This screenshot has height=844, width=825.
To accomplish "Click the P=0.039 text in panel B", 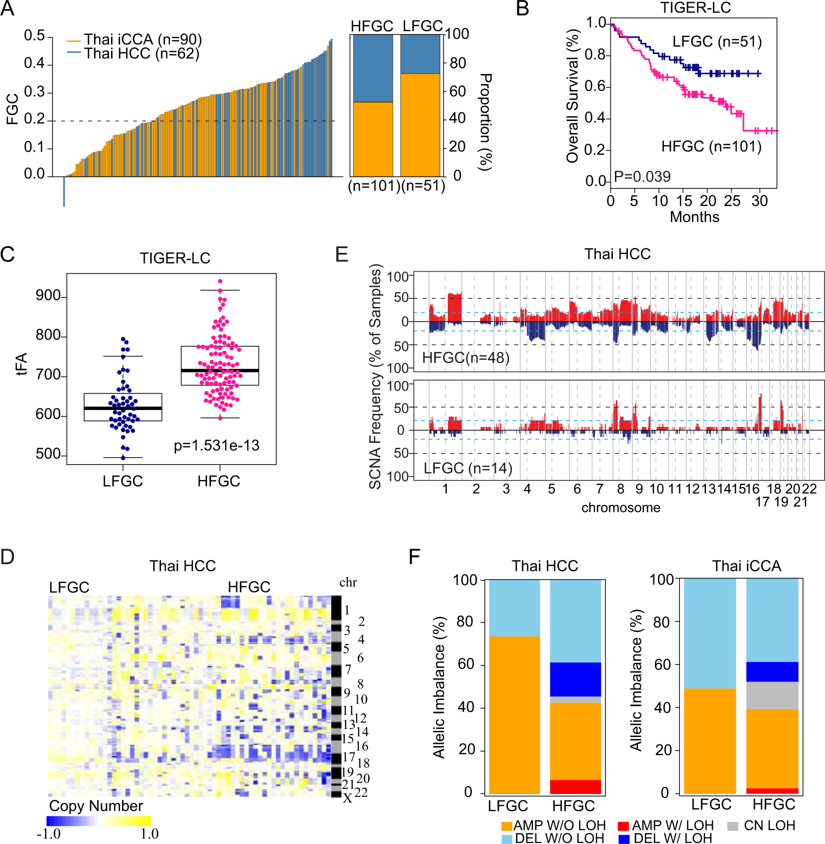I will [x=642, y=176].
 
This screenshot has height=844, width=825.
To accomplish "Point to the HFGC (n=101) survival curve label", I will [x=711, y=146].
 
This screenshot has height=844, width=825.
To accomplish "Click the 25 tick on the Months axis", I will [x=732, y=201].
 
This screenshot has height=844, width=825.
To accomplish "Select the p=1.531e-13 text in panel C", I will [x=217, y=445].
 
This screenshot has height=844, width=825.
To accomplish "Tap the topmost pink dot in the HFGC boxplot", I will [x=220, y=281].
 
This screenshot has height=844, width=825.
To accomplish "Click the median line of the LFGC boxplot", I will [x=123, y=408].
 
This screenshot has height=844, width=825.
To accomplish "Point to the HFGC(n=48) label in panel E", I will [x=465, y=358].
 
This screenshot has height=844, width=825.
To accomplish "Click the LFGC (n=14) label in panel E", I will [x=468, y=468].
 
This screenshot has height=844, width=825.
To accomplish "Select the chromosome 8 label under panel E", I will [x=620, y=489].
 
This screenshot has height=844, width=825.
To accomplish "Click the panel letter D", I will [x=8, y=557].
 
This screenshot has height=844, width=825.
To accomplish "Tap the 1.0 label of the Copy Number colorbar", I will [x=149, y=834].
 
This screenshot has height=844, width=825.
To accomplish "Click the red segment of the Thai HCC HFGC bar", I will [x=575, y=786].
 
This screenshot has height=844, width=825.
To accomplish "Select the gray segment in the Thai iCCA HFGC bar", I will [x=772, y=695].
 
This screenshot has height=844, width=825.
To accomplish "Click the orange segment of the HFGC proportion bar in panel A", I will [x=373, y=138].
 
